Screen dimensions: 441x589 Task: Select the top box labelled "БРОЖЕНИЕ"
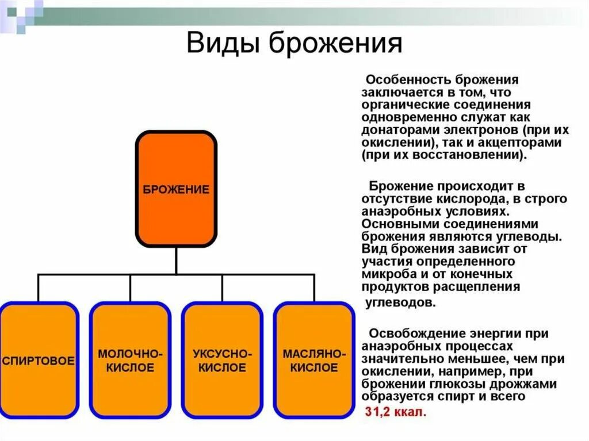(176, 189)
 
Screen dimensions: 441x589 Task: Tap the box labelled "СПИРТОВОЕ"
(39, 361)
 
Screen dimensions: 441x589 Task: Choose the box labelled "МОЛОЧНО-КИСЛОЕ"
(130, 361)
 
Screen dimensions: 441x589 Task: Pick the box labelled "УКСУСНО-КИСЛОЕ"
(222, 361)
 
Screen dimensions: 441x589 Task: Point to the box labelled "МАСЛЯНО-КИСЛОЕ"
(313, 361)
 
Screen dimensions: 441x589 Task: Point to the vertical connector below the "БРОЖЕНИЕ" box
(176, 260)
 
